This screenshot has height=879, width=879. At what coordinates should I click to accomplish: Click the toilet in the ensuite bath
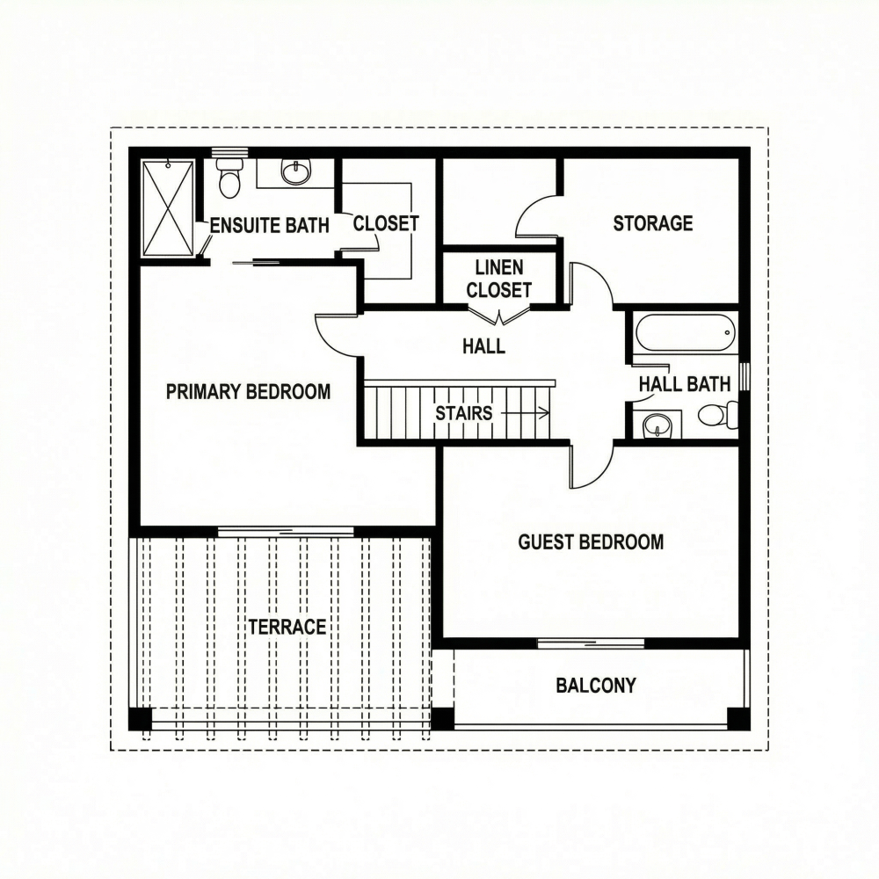[x=229, y=180]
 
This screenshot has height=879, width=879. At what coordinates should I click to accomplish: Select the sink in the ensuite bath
[x=295, y=171]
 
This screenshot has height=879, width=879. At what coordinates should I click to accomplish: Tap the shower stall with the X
[x=168, y=208]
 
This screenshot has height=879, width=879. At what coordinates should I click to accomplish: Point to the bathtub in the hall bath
[x=682, y=332]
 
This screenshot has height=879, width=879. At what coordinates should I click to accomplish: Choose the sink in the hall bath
[x=657, y=425]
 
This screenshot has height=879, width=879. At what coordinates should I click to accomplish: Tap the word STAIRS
[x=464, y=413]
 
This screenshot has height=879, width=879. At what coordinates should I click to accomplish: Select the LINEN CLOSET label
[x=499, y=279]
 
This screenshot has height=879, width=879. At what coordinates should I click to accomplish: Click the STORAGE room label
[x=653, y=223]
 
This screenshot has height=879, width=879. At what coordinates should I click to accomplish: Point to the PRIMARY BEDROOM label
[x=248, y=392]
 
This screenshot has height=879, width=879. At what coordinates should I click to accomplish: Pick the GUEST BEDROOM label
[x=591, y=542]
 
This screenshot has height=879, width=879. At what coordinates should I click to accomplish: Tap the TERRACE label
[x=287, y=628]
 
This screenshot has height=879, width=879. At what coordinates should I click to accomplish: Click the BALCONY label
[x=596, y=686]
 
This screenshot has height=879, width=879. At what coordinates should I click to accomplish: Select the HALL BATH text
[x=684, y=384]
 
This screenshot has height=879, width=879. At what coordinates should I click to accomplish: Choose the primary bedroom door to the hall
[x=337, y=334]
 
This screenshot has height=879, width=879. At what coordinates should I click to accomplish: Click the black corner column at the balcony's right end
[x=738, y=718]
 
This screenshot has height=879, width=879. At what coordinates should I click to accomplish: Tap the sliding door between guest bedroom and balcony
[x=591, y=643]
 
